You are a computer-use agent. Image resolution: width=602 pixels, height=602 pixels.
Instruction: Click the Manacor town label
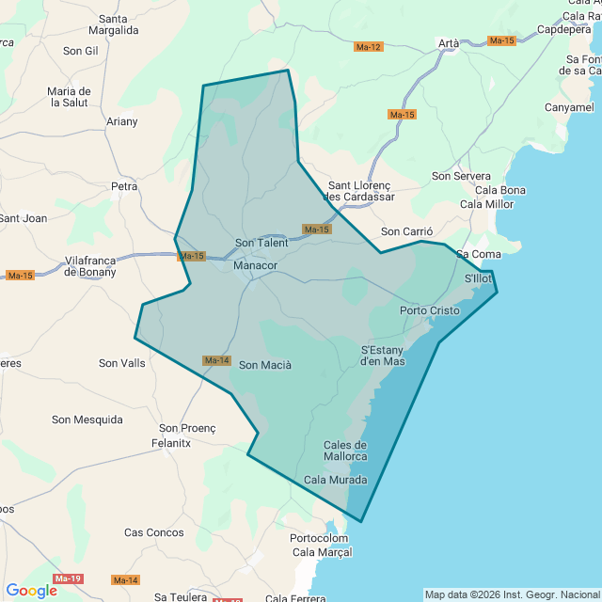pyautogui.click(x=255, y=266)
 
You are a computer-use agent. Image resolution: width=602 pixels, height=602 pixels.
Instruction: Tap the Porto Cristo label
pyautogui.click(x=429, y=310)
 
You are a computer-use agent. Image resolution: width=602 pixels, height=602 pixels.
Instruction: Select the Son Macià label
pyautogui.click(x=265, y=365)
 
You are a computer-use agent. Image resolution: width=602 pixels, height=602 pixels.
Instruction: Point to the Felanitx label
pyautogui.click(x=171, y=442)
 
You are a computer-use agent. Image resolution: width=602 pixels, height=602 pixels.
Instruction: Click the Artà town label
pyautogui.click(x=449, y=43)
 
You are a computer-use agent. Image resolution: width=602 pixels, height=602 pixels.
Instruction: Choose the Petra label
pyautogui.click(x=124, y=186)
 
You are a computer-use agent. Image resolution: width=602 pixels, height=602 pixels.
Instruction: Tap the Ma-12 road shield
pyautogui.click(x=369, y=47)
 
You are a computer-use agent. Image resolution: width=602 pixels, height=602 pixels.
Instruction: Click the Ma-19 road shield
pyautogui.click(x=68, y=578)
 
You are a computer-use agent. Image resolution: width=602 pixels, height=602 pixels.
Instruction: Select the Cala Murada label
pyautogui.click(x=336, y=480)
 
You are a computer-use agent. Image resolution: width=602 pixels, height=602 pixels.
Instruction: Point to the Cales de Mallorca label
pyautogui.click(x=344, y=451)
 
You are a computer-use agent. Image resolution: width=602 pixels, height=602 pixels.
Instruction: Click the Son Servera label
pyautogui.click(x=461, y=176)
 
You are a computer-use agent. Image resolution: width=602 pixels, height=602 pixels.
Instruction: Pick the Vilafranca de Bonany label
pyautogui.click(x=90, y=265)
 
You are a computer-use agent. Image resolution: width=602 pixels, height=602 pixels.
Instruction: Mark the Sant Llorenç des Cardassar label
pyautogui.click(x=358, y=192)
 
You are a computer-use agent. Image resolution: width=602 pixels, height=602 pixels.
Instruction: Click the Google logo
pyautogui.click(x=31, y=591)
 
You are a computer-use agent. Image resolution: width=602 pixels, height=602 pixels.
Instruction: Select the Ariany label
pyautogui.click(x=121, y=121)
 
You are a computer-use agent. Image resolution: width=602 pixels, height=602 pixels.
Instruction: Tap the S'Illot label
pyautogui.click(x=478, y=279)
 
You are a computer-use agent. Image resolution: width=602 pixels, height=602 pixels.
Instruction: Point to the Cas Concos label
pyautogui.click(x=154, y=532)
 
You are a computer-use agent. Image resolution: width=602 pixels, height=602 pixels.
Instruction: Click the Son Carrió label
pyautogui.click(x=406, y=231)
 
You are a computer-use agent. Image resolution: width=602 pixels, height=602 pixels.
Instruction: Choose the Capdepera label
pyautogui.click(x=564, y=29)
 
